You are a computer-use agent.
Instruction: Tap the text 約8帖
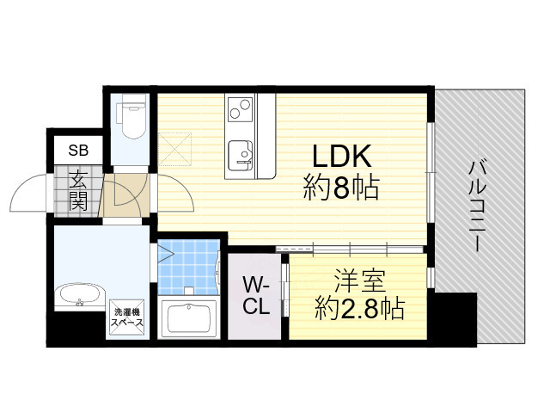pyautogui.click(x=340, y=188)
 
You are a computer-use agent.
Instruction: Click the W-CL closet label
pyautogui.click(x=255, y=295)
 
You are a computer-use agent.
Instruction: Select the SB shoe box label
pyautogui.click(x=78, y=150)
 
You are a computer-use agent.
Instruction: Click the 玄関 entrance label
pyautogui.click(x=78, y=191)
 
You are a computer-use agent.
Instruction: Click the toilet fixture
pyautogui.click(x=131, y=120)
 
